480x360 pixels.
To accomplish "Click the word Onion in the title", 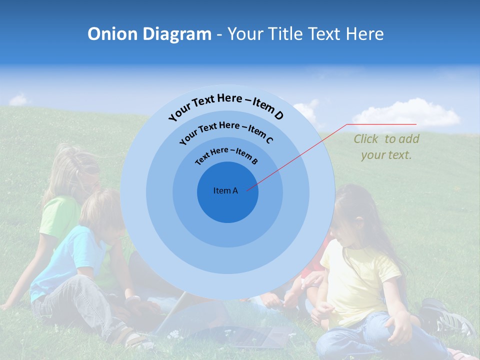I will (x=112, y=34).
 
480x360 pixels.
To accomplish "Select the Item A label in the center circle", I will (x=225, y=190).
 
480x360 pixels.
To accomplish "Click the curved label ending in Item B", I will (x=226, y=154).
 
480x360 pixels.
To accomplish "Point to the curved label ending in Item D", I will (x=226, y=106).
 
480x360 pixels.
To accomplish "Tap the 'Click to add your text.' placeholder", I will (x=386, y=147).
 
